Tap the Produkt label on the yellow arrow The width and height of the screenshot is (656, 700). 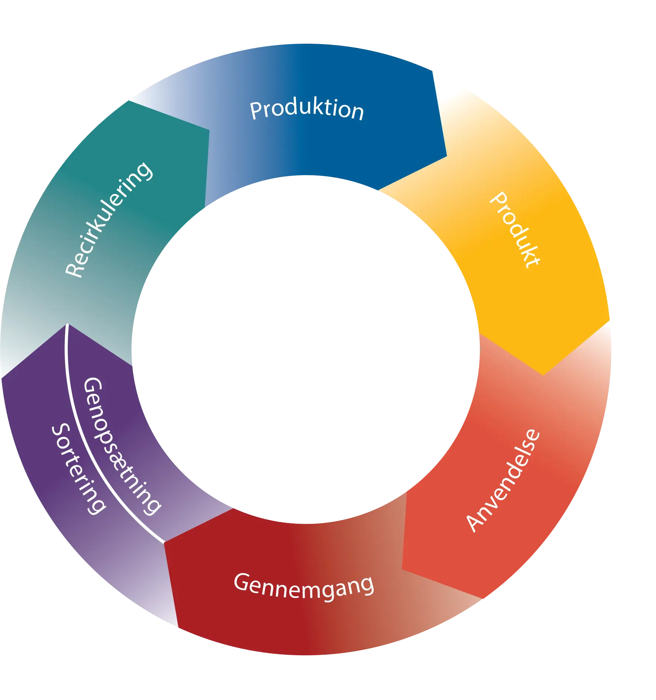click(x=515, y=230)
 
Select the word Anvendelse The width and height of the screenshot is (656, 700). click(x=503, y=481)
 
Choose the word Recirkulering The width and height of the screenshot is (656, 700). click(x=108, y=220)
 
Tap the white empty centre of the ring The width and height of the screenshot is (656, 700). click(x=306, y=350)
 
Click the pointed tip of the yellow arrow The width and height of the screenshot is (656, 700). click(x=543, y=375)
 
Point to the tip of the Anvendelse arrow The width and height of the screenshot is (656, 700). click(x=402, y=569)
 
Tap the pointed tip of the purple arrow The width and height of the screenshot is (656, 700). click(x=67, y=324)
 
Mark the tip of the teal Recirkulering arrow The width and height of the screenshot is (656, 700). click(x=209, y=130)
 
